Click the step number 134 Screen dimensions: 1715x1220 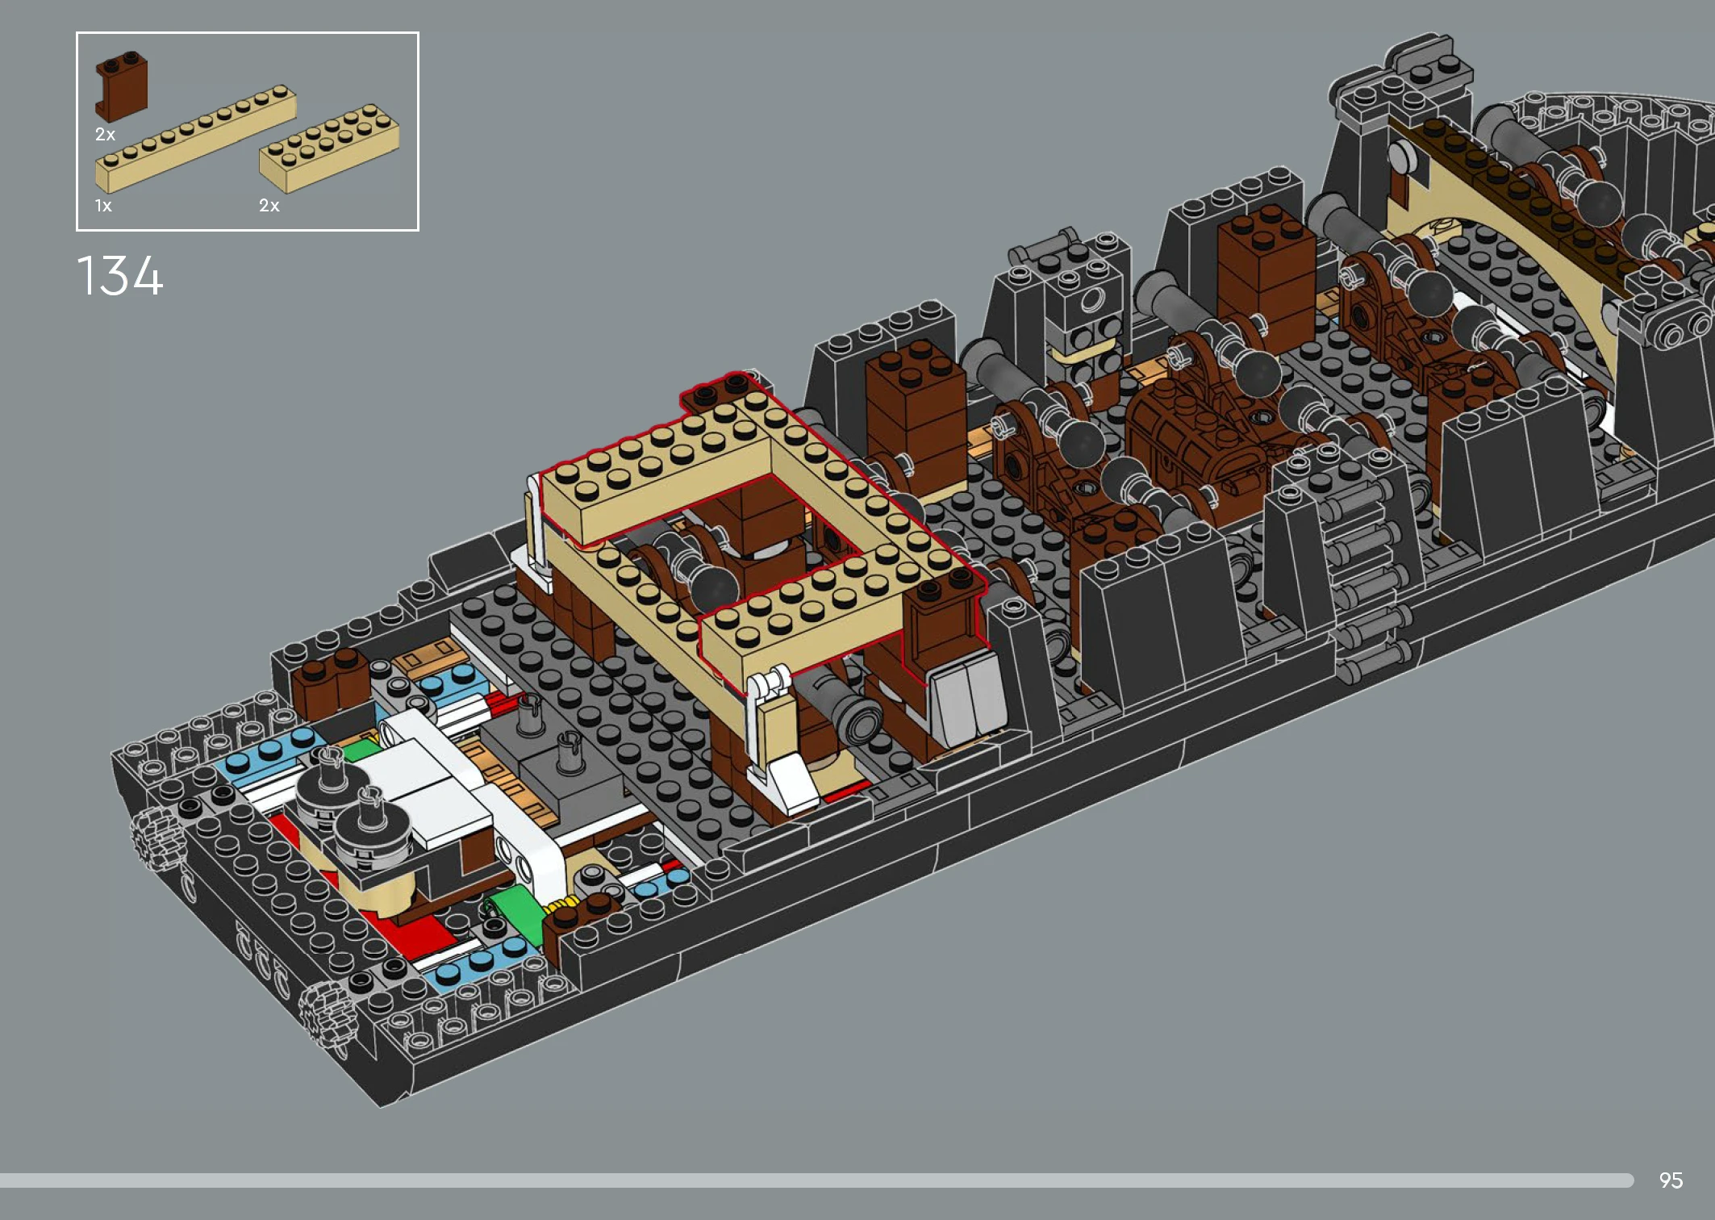119,276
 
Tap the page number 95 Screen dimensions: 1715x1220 1671,1180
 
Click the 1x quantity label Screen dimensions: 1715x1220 103,206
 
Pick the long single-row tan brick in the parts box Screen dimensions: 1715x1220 195,138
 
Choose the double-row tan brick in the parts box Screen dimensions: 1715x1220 329,148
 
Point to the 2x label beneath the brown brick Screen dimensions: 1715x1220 105,135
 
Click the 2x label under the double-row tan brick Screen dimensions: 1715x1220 269,206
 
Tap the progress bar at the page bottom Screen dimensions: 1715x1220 816,1180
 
